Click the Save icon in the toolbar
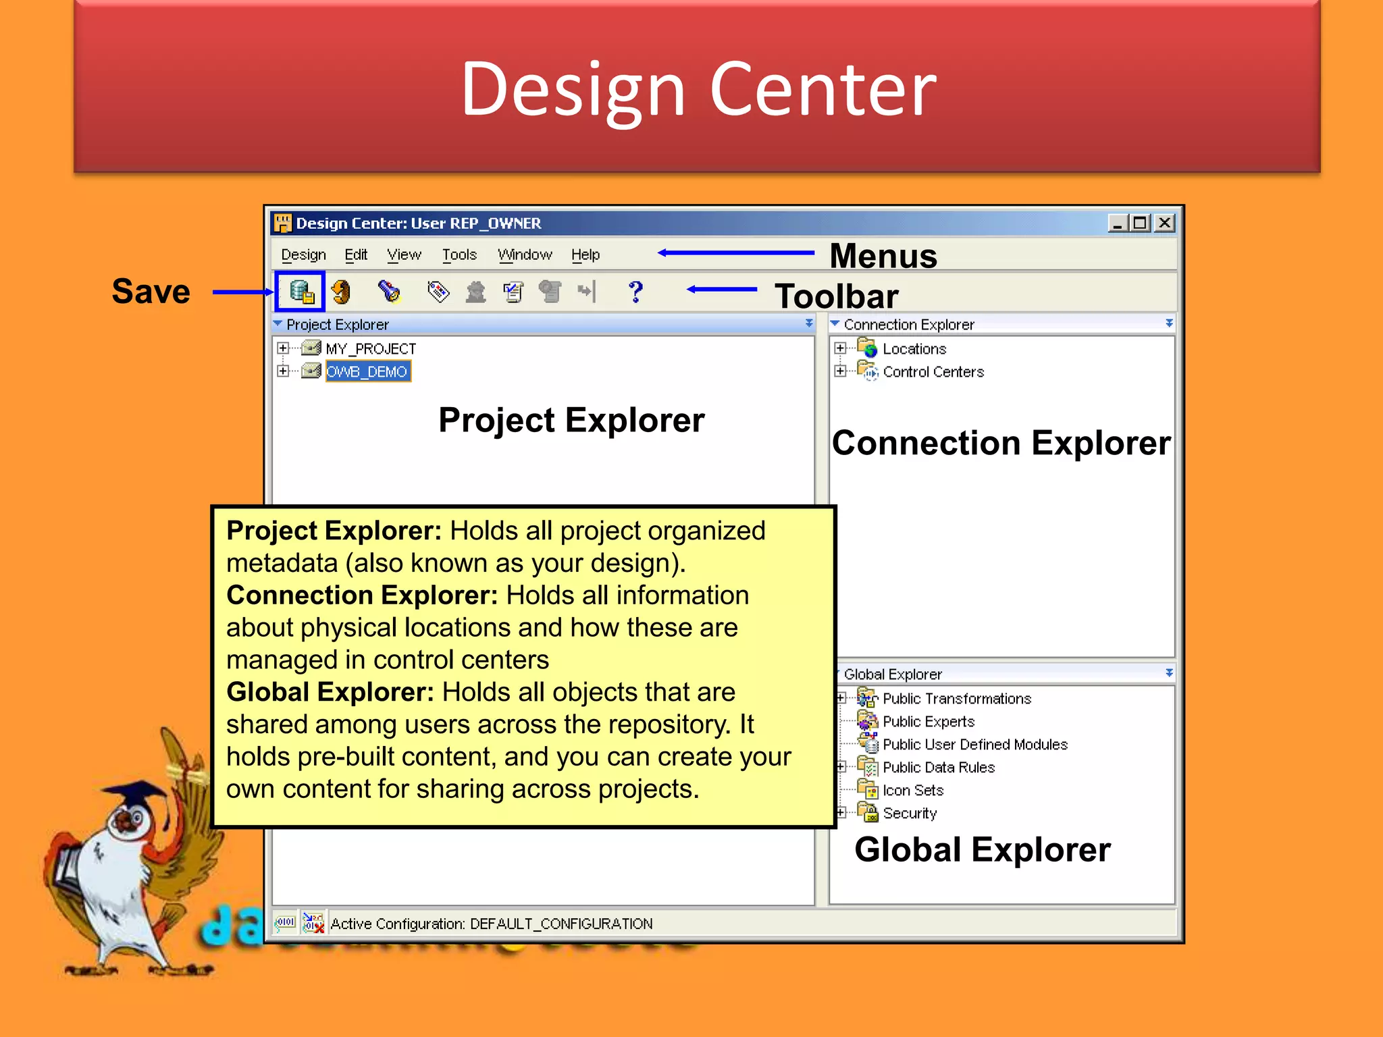tap(301, 292)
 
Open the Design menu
tap(303, 255)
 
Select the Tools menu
tap(459, 255)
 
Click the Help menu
tap(585, 255)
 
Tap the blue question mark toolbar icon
tap(635, 292)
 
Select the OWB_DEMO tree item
tap(367, 371)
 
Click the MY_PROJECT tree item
tap(370, 348)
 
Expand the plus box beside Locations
tap(839, 348)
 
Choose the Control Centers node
tap(933, 371)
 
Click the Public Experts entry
tap(928, 721)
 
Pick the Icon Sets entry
tap(912, 790)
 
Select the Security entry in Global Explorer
tap(909, 813)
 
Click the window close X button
tap(1164, 223)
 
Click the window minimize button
tap(1118, 223)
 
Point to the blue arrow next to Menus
tap(736, 253)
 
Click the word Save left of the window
tap(151, 292)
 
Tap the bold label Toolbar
tap(836, 296)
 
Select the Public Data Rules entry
tap(938, 767)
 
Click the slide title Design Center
tap(698, 89)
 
